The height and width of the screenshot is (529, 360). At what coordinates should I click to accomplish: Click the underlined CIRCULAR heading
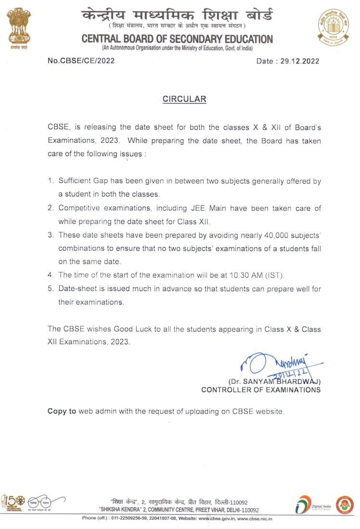point(184,100)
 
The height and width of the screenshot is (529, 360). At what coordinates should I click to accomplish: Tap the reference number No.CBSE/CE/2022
point(81,61)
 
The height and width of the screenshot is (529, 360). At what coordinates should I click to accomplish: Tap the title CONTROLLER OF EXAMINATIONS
point(261,390)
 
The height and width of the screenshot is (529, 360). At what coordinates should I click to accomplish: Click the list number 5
point(50,289)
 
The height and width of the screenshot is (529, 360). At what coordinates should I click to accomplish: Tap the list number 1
point(50,182)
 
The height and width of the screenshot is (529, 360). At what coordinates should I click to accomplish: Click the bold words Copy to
point(62,412)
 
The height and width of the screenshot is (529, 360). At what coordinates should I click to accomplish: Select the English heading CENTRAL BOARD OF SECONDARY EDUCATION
point(177,39)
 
